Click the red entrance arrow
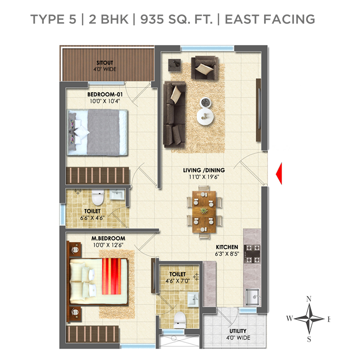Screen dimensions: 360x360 click(x=279, y=174)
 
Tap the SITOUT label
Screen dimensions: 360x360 click(x=105, y=63)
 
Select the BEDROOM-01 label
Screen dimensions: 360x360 click(x=105, y=94)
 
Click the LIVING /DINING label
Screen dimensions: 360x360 click(x=204, y=170)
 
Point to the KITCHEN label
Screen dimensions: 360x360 click(x=227, y=247)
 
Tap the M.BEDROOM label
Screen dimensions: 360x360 click(x=108, y=238)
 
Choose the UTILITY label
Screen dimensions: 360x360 click(x=238, y=331)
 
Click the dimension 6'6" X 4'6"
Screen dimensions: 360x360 click(x=92, y=217)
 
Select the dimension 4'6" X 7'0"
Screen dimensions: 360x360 click(x=178, y=281)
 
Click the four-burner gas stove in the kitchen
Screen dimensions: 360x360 click(x=252, y=254)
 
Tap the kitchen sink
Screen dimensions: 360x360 click(x=252, y=297)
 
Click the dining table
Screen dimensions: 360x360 click(x=204, y=211)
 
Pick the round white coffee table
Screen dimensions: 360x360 click(x=206, y=117)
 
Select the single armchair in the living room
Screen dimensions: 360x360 click(x=205, y=68)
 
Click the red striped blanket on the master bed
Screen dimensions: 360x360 click(x=112, y=276)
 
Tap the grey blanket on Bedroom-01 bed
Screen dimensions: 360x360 click(x=103, y=132)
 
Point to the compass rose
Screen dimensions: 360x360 click(x=309, y=319)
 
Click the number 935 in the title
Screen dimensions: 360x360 click(x=152, y=19)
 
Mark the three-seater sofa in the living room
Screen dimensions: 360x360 click(x=174, y=114)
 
